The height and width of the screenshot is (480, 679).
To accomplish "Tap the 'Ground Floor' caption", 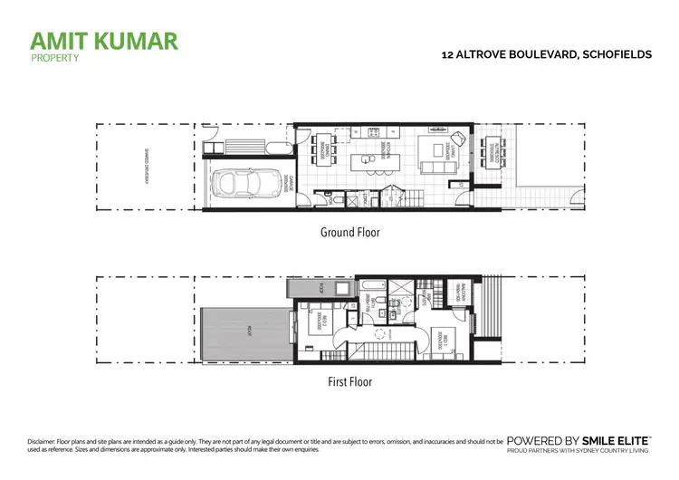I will (x=349, y=233).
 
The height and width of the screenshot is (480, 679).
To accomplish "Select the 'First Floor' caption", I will (x=349, y=381).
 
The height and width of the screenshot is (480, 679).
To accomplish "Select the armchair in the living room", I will (x=458, y=139).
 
